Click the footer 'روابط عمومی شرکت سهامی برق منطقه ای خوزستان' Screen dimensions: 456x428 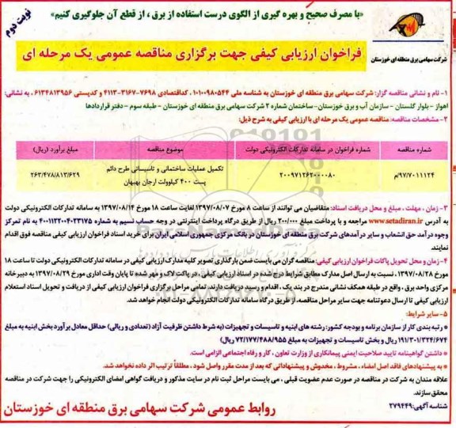click(x=230, y=411)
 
